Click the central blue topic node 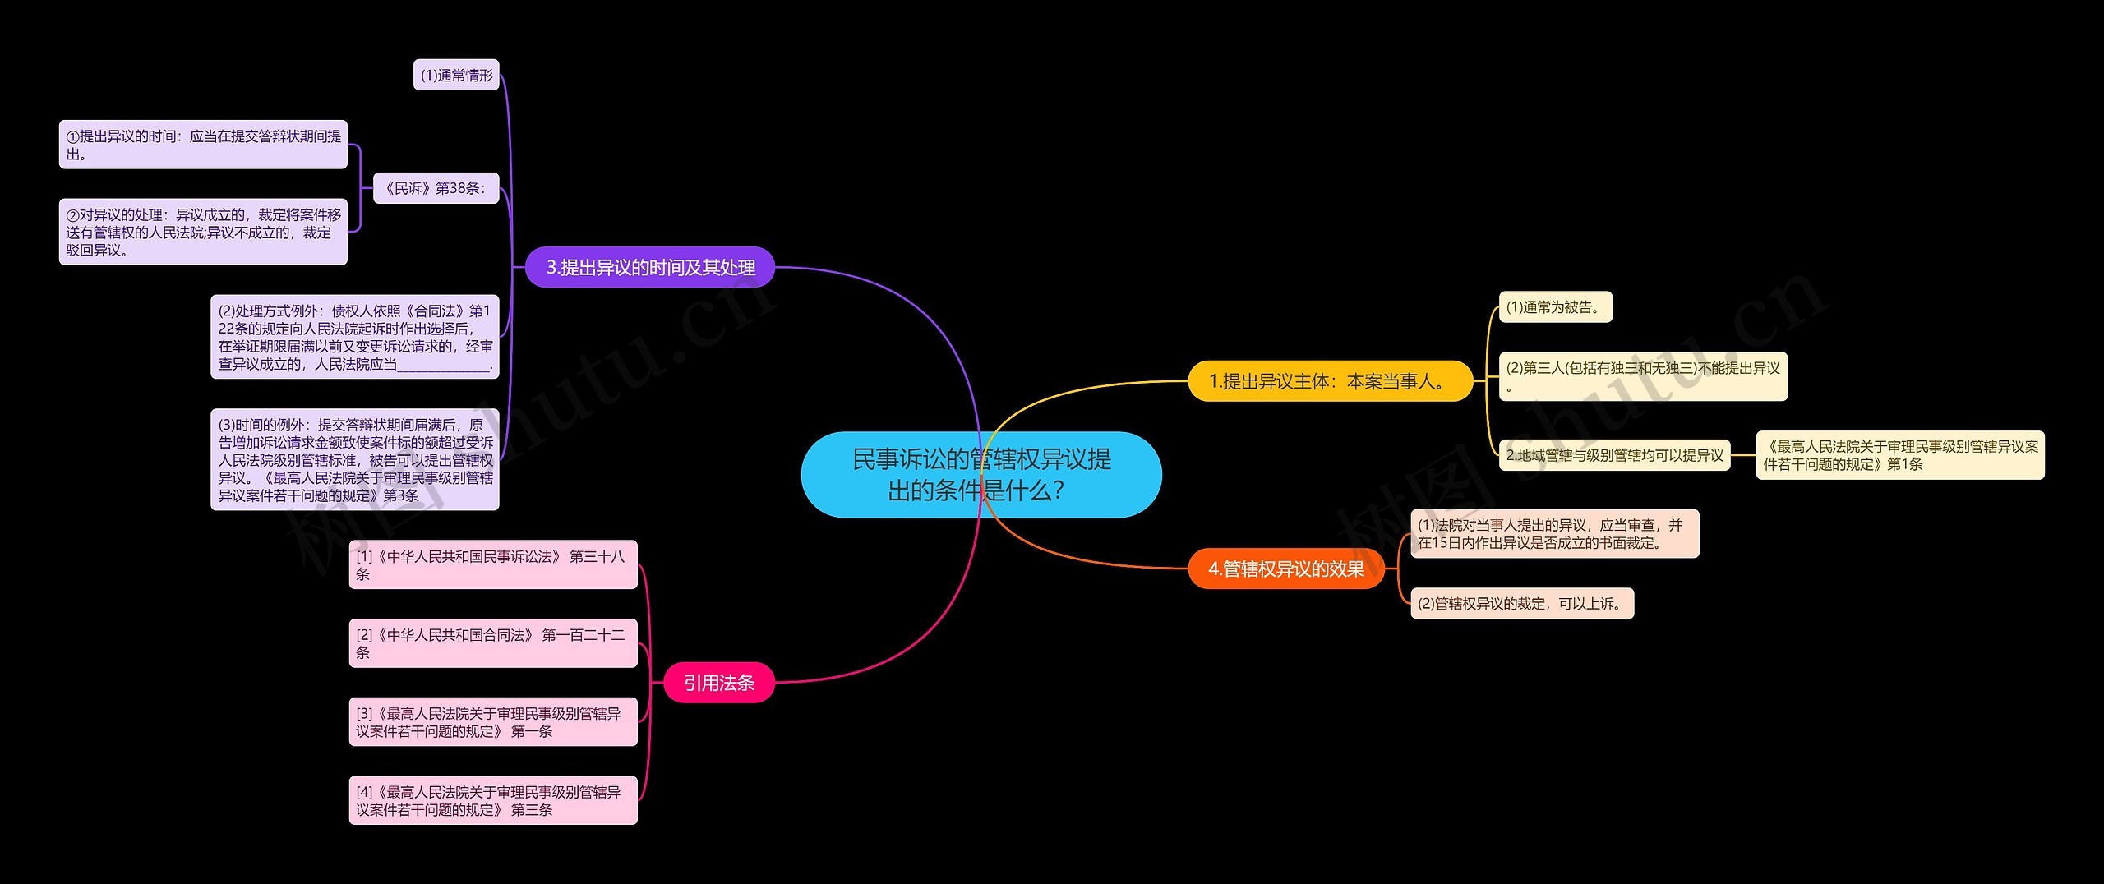pos(981,474)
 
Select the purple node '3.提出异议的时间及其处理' pos(650,267)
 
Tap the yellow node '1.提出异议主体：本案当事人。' pos(1331,381)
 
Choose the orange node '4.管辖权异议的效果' pos(1286,569)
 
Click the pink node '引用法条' pos(719,682)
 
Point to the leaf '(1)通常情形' pos(456,75)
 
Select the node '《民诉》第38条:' pos(436,188)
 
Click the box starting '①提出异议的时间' pos(203,145)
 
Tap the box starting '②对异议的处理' pos(203,232)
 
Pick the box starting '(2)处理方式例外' pos(355,337)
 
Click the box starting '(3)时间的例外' pos(355,459)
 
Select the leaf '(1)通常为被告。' pos(1556,306)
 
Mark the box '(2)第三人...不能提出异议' pos(1644,376)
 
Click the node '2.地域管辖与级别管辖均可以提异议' pos(1615,454)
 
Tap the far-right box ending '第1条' pos(1900,455)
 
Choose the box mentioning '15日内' pos(1555,534)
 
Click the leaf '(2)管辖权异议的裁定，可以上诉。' pos(1522,603)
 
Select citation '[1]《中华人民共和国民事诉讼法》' pos(493,564)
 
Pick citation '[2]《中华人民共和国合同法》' pos(493,643)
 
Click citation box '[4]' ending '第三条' pos(493,800)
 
